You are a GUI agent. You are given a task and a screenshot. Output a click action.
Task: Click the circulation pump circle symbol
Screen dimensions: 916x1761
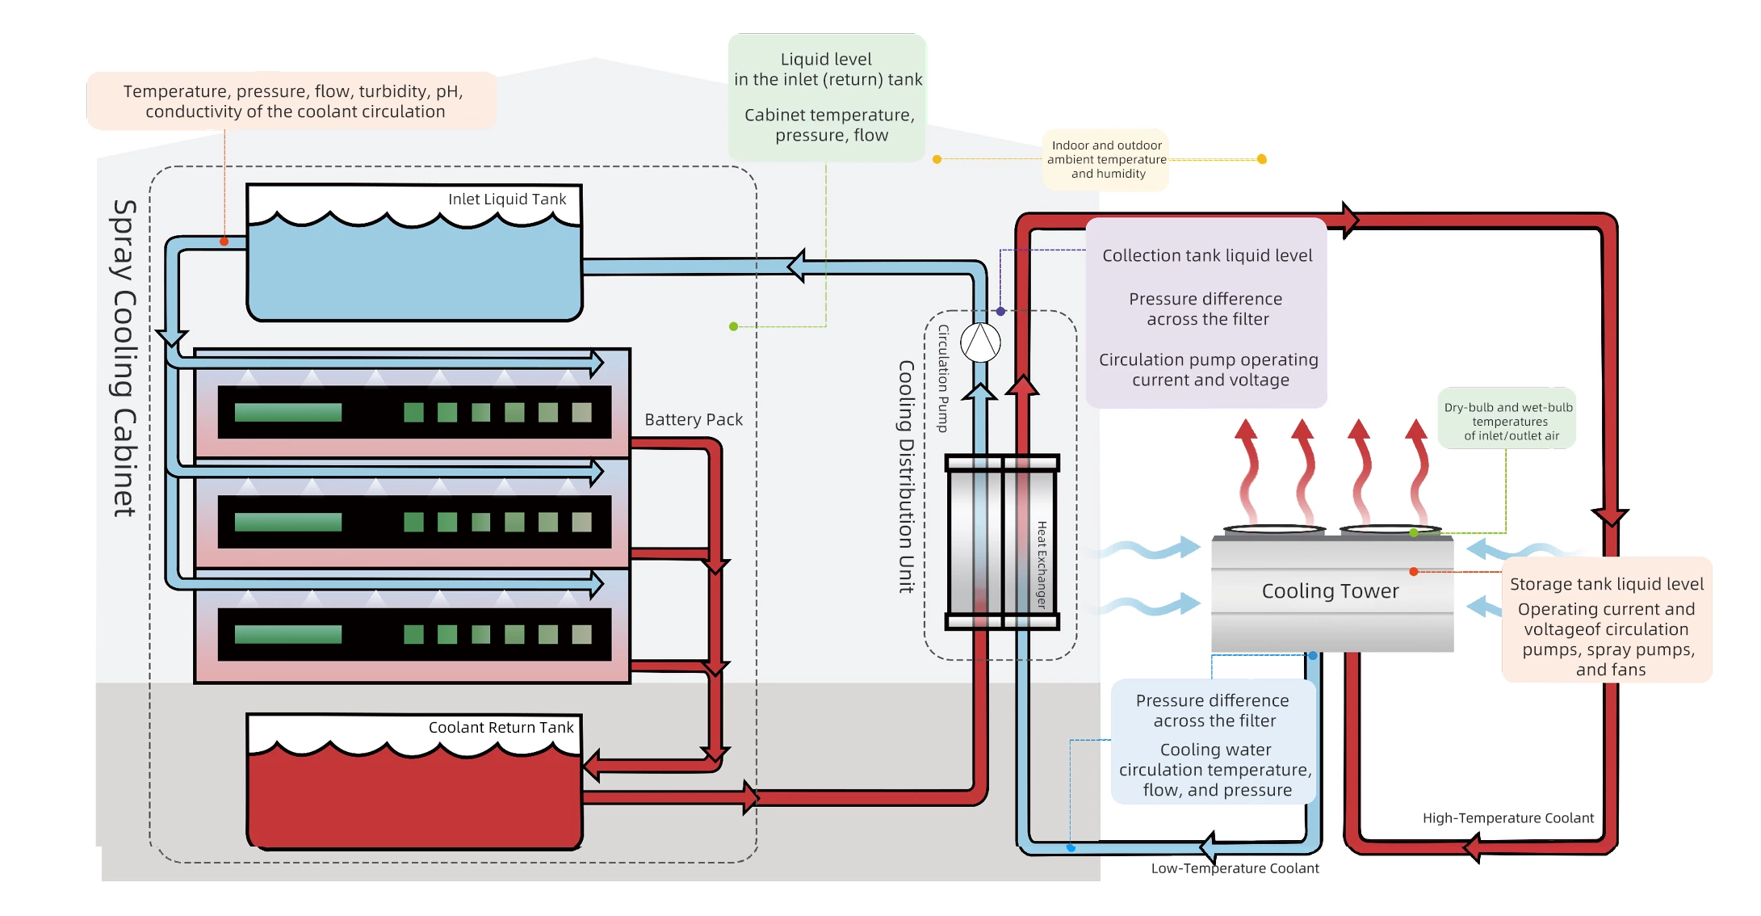tap(980, 342)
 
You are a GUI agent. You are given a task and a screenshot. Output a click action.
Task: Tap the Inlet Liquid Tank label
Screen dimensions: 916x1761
tap(507, 200)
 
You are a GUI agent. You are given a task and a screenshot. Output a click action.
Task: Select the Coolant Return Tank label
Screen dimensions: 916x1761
tap(501, 728)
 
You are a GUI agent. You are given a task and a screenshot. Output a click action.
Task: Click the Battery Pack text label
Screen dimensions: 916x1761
tap(694, 420)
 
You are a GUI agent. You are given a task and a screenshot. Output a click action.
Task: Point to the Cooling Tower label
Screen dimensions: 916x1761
tap(1330, 591)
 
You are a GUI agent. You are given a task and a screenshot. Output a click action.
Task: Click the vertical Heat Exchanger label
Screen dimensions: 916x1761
tap(1042, 565)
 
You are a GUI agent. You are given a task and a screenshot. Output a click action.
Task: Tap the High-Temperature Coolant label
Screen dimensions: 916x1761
tap(1507, 818)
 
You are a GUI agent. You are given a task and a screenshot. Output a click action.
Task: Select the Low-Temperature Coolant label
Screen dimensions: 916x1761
tap(1235, 868)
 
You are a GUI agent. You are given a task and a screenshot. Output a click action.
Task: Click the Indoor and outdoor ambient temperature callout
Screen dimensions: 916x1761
tap(1106, 160)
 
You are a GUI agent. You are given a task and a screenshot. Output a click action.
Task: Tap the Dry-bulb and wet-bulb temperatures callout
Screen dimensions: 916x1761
tap(1507, 422)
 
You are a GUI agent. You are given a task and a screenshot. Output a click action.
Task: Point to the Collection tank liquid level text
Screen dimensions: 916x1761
tap(1207, 256)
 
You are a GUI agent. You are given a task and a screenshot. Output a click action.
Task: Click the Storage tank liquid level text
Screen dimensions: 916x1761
tap(1606, 584)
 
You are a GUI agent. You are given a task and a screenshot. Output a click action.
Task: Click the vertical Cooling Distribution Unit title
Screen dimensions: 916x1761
tap(907, 477)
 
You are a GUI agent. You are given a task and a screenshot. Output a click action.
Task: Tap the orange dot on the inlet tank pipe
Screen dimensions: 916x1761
tap(224, 242)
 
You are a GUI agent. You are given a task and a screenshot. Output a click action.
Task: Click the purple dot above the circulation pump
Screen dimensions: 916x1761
tap(1000, 311)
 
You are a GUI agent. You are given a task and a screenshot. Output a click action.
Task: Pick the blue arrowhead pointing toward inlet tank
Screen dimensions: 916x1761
tap(796, 266)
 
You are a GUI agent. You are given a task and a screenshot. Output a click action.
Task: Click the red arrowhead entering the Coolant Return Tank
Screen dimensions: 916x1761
tap(592, 765)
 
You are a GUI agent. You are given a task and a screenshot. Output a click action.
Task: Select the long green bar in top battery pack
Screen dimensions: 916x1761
tap(288, 413)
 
